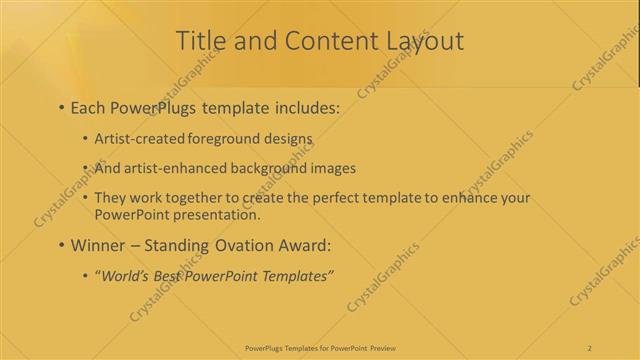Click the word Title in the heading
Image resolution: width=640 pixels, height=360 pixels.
coord(200,41)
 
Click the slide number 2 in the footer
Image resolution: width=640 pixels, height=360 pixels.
coord(590,348)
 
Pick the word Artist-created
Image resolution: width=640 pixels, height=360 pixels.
coord(139,139)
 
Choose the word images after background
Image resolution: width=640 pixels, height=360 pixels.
coord(329,168)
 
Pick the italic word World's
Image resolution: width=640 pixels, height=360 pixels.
coord(124,275)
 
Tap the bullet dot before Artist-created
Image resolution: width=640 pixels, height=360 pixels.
coord(85,140)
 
